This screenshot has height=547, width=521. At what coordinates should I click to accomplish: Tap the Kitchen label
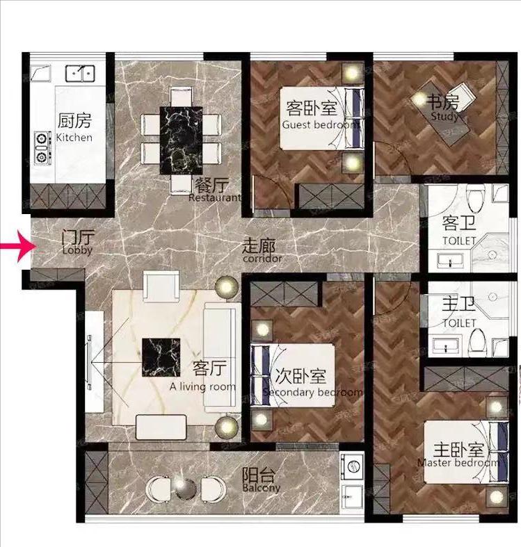[x=74, y=138]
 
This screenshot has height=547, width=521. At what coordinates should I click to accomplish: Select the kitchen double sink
[x=80, y=73]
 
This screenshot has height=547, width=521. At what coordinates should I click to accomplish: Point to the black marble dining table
[x=182, y=140]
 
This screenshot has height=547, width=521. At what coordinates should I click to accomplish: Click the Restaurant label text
[x=215, y=198]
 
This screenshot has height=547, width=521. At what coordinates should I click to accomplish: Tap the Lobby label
[x=77, y=250]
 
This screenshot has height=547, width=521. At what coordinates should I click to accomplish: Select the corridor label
[x=262, y=259]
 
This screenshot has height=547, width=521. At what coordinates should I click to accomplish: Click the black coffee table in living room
[x=161, y=357]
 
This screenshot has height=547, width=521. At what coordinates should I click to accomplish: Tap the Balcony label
[x=262, y=488]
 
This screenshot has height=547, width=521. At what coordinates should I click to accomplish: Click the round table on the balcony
[x=186, y=488]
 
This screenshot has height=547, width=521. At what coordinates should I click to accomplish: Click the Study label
[x=444, y=116]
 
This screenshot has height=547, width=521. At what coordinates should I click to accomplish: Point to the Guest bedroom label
[x=321, y=124]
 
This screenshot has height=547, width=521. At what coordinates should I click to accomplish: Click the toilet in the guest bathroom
[x=476, y=198]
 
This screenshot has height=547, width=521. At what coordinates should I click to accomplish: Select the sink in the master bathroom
[x=446, y=345]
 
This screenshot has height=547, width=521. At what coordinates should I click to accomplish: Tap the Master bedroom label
[x=459, y=463]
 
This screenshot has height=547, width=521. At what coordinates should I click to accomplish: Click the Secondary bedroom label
[x=313, y=392]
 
